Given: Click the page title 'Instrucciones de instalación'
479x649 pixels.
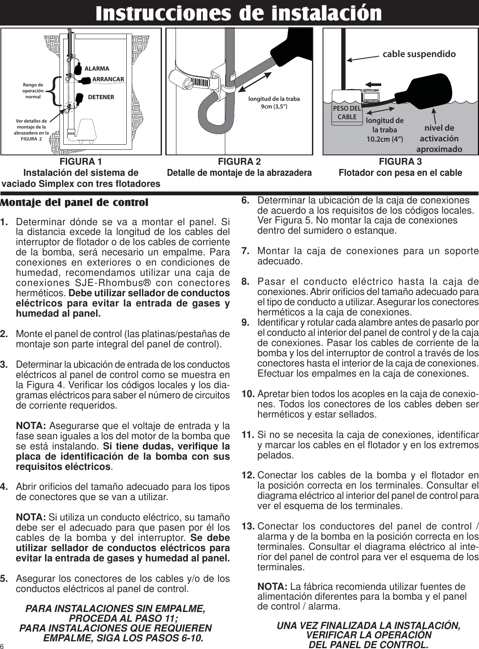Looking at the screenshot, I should [238, 13].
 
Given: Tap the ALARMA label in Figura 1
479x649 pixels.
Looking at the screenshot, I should [96, 69].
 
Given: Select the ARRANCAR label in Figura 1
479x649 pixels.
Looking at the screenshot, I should [108, 79].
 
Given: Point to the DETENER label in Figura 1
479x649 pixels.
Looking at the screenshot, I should [101, 97].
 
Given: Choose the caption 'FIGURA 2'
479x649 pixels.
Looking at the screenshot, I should [239, 162].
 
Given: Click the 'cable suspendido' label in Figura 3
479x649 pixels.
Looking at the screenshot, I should [419, 54].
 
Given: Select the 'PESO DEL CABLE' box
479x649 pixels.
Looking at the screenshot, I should [347, 112].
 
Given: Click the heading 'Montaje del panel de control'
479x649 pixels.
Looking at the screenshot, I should [74, 202].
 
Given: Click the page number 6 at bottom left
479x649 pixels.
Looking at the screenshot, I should [3, 646].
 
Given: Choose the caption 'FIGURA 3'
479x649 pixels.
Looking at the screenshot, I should [400, 162].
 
